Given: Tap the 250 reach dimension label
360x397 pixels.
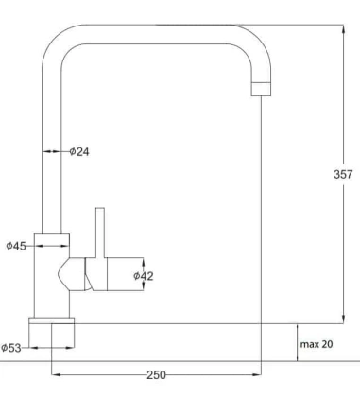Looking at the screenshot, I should pos(156,375).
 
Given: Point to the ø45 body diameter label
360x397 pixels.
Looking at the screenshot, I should pos(16,246).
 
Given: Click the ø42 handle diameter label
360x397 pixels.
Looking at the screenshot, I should pos(143,275).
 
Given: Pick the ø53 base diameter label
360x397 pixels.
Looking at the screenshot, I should pos(13,347).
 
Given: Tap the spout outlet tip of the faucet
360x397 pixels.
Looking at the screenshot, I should pos(260,88).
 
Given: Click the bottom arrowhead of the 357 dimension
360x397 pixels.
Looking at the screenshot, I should pos(341,319).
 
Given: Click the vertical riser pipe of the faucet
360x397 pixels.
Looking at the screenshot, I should pos(52,151).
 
